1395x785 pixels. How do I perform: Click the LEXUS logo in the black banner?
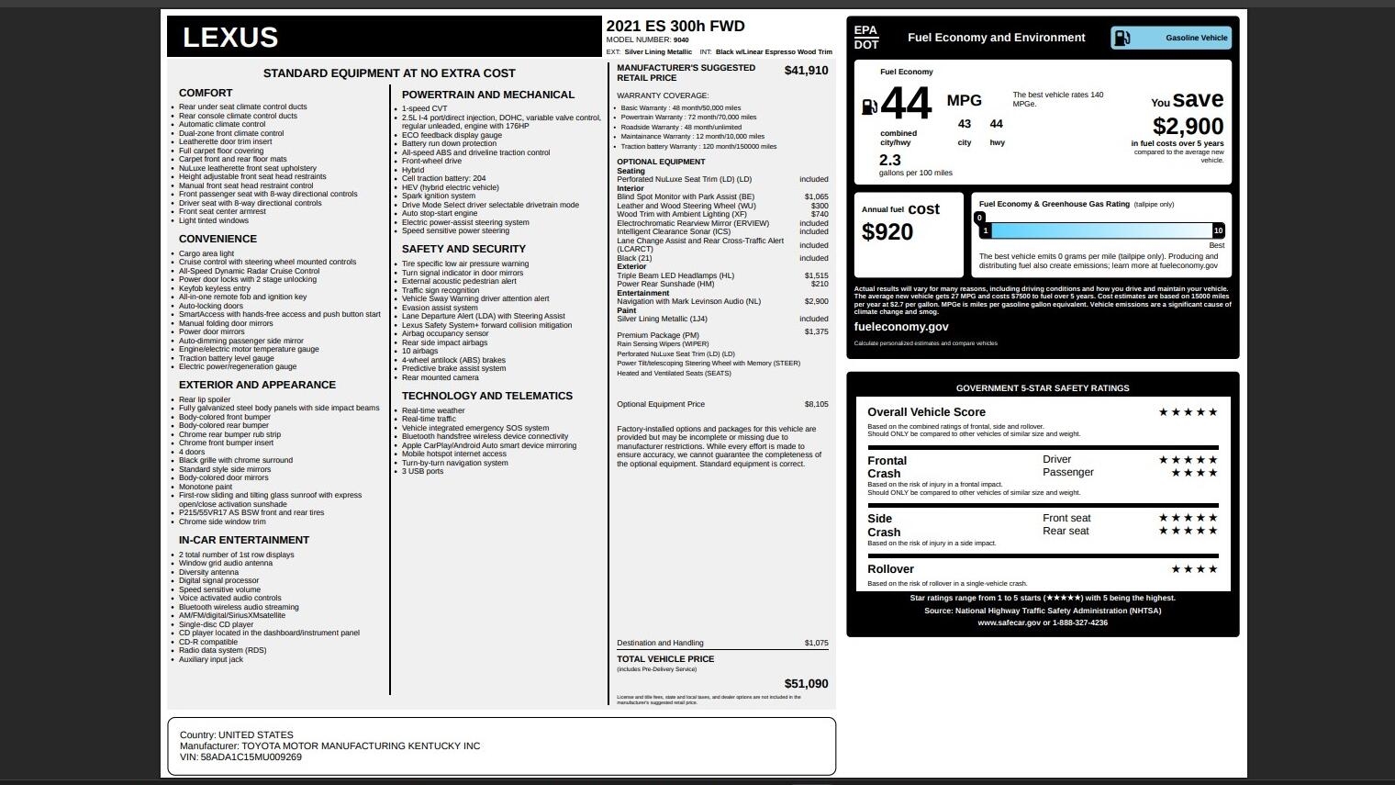point(230,38)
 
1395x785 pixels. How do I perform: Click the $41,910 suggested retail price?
point(806,71)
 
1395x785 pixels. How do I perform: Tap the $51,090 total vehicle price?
point(806,684)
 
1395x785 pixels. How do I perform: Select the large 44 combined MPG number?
point(906,104)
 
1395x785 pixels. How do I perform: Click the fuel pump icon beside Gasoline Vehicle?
point(1122,38)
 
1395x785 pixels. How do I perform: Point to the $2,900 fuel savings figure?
point(1188,127)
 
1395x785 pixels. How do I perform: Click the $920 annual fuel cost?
point(887,232)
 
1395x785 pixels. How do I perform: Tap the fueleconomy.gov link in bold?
point(901,327)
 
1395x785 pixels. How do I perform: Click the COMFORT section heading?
point(206,93)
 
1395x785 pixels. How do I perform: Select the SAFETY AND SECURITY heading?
point(463,249)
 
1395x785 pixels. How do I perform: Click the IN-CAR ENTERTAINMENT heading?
point(244,540)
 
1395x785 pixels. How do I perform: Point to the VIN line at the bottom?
point(240,757)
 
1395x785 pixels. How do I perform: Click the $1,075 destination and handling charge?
point(816,643)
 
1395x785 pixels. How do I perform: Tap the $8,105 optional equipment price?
point(816,404)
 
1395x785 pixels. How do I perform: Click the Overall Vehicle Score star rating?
point(1188,412)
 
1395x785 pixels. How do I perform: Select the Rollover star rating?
point(1194,569)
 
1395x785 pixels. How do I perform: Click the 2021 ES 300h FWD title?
point(675,27)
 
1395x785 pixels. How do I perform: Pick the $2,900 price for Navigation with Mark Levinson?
point(816,301)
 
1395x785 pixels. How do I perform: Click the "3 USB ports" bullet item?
point(422,471)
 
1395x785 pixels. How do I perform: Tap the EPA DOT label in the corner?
point(865,38)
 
